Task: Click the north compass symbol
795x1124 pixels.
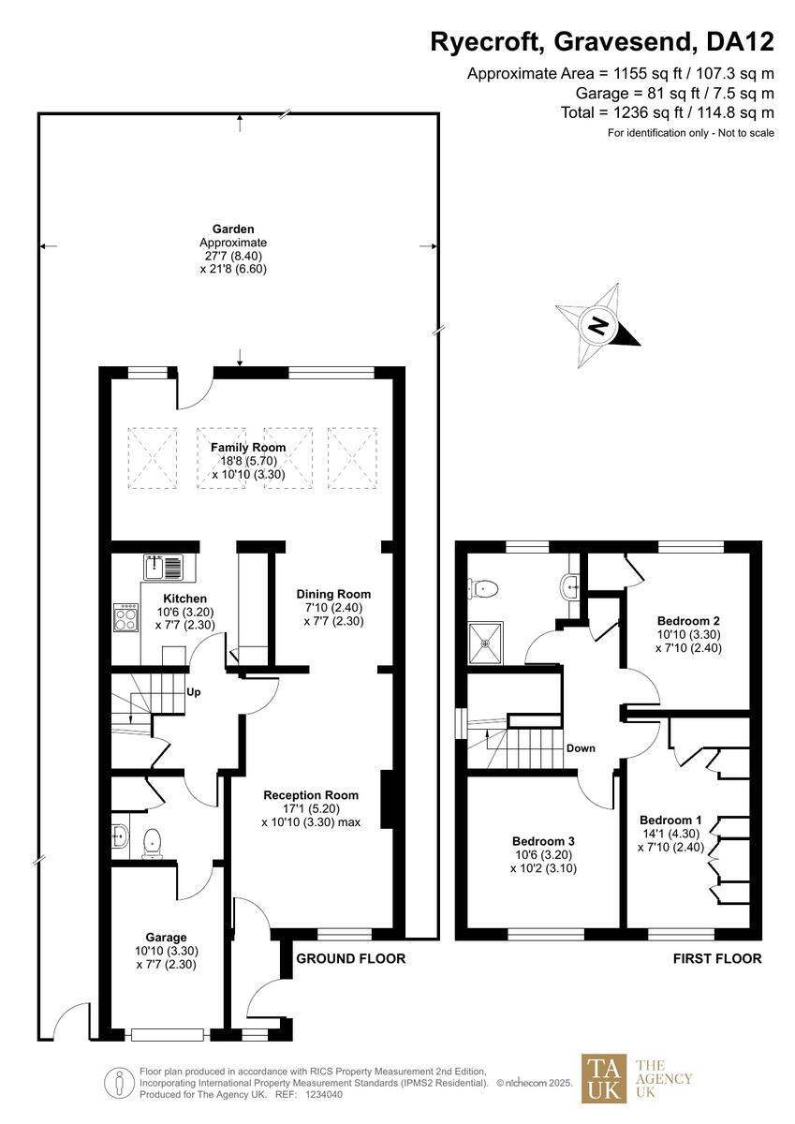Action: [x=597, y=327]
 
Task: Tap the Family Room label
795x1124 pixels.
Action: [x=248, y=448]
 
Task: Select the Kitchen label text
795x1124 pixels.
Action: [x=184, y=599]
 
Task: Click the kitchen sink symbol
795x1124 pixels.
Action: [x=166, y=566]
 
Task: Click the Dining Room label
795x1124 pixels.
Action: [x=333, y=594]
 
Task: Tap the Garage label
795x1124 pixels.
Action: [x=166, y=937]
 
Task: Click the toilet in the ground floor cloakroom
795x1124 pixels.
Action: [x=153, y=845]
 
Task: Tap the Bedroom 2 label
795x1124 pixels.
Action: [x=688, y=620]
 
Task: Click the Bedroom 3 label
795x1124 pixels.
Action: [x=543, y=840]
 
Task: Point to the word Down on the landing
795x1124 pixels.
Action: [x=581, y=748]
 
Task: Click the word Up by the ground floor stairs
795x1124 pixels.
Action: [x=196, y=693]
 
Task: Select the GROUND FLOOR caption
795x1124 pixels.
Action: [x=350, y=958]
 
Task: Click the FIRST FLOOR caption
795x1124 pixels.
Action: [x=717, y=958]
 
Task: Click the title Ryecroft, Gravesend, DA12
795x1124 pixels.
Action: [x=602, y=41]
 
